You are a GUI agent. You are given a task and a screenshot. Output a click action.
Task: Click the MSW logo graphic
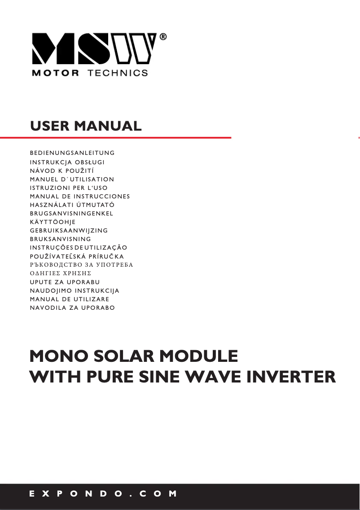coord(94,48)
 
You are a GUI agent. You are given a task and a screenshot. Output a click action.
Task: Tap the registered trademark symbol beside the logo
coord(163,38)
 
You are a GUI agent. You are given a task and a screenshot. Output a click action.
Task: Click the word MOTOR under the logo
coord(55,73)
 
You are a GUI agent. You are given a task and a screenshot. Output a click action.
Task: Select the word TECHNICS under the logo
coord(118,73)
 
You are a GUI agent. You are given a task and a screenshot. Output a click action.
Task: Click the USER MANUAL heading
coord(86,126)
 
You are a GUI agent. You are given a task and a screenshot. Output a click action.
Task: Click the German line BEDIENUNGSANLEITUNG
coord(72,153)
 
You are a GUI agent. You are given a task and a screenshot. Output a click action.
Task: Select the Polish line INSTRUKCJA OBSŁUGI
coord(67,162)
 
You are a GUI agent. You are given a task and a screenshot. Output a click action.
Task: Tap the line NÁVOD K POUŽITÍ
coord(61,171)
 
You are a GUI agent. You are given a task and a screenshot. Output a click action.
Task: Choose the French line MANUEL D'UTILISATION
coord(72,179)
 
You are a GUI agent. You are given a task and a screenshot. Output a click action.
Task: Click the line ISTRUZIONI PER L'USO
coord(69,188)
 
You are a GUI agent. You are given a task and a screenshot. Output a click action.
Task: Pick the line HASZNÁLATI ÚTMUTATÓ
coord(72,205)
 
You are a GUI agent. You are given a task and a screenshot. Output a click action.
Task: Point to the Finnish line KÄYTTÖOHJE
coord(53,222)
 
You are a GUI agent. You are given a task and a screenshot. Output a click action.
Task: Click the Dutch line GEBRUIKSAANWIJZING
coord(69,230)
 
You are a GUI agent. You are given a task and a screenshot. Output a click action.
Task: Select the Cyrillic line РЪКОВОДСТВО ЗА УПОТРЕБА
coord(81,265)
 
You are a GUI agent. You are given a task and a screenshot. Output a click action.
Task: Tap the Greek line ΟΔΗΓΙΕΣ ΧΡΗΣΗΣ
coord(61,273)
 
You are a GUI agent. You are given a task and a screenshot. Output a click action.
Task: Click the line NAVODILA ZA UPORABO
coord(72,308)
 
